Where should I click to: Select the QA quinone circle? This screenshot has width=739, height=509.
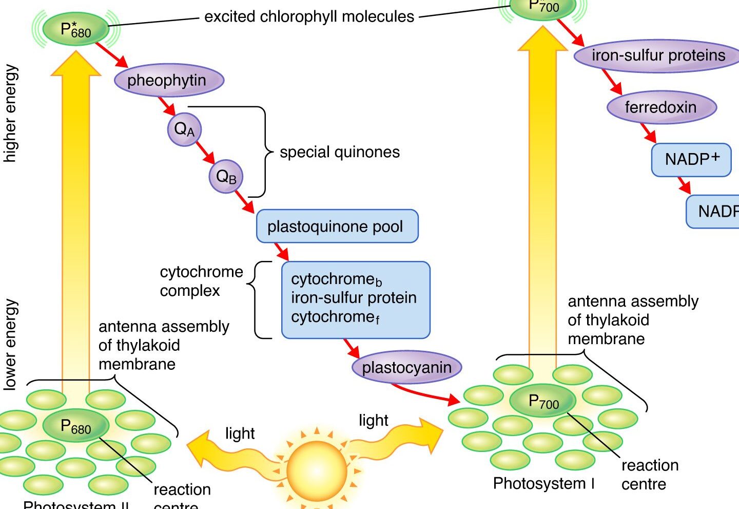(x=184, y=129)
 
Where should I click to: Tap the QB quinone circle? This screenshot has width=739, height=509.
(x=226, y=177)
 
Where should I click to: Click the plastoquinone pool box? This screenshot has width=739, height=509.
(x=337, y=226)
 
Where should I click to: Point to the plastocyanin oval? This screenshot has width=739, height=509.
(x=407, y=367)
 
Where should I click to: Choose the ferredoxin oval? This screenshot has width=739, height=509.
(x=662, y=107)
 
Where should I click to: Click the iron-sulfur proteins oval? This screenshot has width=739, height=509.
(x=658, y=55)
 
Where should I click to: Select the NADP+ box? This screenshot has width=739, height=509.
(x=691, y=160)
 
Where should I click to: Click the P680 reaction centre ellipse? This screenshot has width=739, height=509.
(x=76, y=426)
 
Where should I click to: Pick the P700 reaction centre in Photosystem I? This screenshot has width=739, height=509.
(x=543, y=401)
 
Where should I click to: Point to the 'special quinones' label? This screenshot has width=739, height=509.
(x=339, y=152)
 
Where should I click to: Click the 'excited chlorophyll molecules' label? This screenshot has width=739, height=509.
(x=309, y=17)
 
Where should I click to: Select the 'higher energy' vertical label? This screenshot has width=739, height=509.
(x=10, y=114)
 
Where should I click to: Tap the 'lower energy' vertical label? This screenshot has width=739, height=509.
(x=10, y=345)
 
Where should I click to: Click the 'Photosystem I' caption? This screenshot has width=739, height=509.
(x=544, y=483)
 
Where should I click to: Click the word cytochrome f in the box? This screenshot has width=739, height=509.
(x=335, y=317)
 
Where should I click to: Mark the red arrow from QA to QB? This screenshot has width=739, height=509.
(x=205, y=153)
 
